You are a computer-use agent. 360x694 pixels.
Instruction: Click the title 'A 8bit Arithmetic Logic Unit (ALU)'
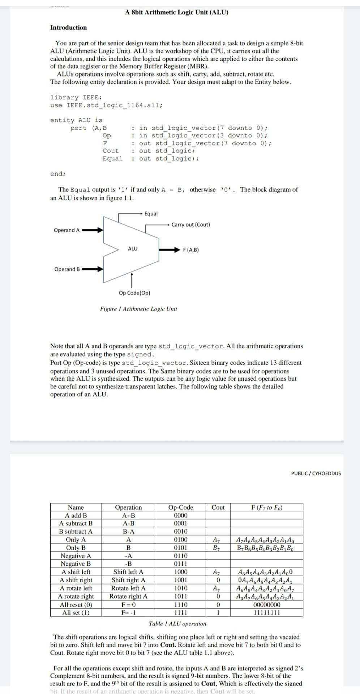[177, 12]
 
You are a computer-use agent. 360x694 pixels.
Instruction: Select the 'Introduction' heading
[68, 27]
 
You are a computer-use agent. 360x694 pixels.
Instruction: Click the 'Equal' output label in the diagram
[151, 214]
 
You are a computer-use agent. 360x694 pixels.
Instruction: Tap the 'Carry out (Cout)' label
[190, 224]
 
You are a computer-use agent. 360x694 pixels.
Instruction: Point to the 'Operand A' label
[67, 230]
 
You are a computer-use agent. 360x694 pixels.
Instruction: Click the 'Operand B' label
[67, 269]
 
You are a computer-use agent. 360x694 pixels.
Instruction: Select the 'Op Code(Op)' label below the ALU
[134, 293]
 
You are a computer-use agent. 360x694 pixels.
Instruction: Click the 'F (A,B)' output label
[191, 250]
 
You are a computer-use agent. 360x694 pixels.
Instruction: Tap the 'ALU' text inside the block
[133, 249]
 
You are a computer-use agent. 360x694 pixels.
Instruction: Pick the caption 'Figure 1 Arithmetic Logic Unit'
[138, 309]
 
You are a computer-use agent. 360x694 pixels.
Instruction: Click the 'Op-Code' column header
[181, 507]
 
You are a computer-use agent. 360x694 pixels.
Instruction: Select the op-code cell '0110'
[181, 556]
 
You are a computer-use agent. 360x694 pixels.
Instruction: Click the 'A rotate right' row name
[76, 596]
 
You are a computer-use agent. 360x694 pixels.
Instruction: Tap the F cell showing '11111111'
[267, 613]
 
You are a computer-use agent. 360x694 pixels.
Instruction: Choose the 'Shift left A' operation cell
[128, 572]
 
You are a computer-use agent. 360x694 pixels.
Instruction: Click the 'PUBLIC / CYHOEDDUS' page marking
[316, 473]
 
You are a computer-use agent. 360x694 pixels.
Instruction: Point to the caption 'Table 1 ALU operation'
[177, 624]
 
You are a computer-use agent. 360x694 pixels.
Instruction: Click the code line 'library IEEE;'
[76, 98]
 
